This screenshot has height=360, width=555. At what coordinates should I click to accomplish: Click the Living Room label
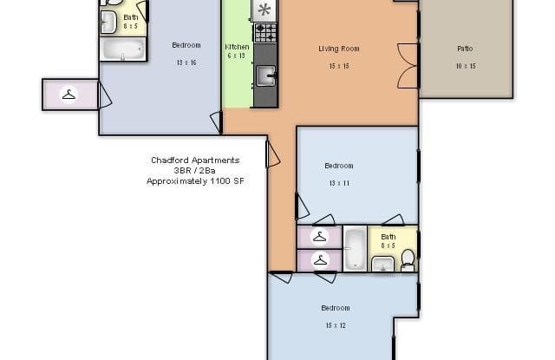(x=338, y=49)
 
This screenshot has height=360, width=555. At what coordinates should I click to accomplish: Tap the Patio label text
(x=465, y=49)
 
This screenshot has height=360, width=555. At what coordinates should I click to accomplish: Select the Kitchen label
(x=237, y=46)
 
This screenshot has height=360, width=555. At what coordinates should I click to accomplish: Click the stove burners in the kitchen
(x=264, y=33)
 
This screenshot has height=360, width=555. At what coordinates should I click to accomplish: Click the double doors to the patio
(x=409, y=65)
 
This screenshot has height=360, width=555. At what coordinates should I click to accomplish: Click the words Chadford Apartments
(x=195, y=160)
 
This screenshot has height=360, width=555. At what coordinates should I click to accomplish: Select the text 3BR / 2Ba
(x=195, y=171)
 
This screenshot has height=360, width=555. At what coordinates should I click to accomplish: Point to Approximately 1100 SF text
(x=195, y=181)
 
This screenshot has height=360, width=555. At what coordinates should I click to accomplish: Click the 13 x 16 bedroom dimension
(x=186, y=62)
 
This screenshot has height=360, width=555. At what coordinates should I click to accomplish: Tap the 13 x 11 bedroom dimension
(x=338, y=183)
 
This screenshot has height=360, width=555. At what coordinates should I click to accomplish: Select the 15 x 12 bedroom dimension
(x=335, y=325)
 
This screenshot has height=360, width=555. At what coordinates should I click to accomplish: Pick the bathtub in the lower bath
(x=355, y=249)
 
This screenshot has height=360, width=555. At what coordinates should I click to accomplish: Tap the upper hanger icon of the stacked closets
(x=319, y=236)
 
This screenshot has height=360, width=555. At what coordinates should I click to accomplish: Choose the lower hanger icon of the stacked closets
(x=319, y=259)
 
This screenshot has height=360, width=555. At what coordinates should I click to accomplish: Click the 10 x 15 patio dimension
(x=465, y=66)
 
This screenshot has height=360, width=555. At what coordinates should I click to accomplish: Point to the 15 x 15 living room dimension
(x=338, y=66)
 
